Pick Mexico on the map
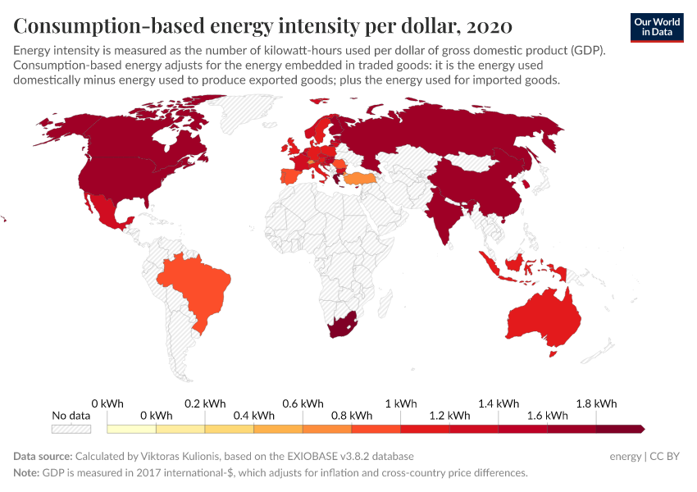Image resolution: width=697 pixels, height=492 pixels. [105, 212]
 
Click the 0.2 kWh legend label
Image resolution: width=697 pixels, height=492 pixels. [205, 403]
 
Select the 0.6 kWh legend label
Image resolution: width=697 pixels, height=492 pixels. [303, 403]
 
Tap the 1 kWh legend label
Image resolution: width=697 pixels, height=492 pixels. [401, 403]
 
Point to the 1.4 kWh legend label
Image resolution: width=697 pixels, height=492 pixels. [499, 403]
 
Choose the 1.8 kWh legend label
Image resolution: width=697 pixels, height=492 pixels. [596, 403]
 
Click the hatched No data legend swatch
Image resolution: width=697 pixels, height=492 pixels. [71, 429]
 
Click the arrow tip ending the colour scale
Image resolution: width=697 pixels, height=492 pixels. [643, 429]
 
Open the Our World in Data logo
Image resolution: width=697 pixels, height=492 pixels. [657, 26]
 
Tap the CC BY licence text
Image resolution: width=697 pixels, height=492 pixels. [666, 456]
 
